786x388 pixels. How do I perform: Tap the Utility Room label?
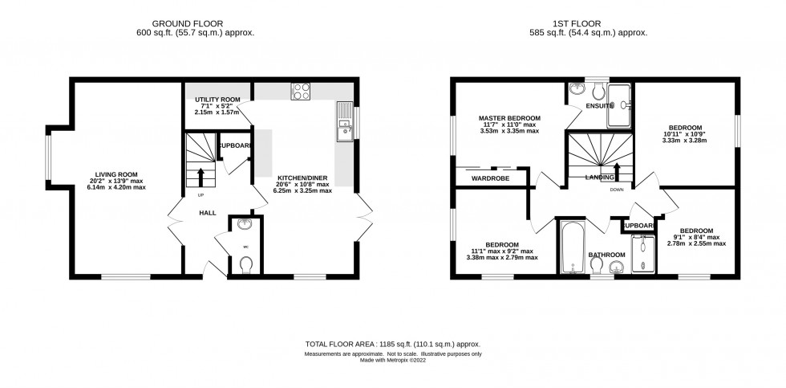217,99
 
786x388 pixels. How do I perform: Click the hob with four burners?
301,92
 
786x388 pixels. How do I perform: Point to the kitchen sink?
345,121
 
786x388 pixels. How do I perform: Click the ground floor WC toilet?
245,264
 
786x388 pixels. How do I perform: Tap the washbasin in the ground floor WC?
245,223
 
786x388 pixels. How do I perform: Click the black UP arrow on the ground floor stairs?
201,178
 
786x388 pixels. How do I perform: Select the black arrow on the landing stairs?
617,172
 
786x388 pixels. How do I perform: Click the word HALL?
208,213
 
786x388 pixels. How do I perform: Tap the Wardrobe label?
490,178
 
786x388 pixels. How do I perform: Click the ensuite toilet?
597,92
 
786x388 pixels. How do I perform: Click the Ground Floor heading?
188,23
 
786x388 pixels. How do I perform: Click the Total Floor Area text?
393,345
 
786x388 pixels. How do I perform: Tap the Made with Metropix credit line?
393,360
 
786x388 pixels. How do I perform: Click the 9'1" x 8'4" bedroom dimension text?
696,238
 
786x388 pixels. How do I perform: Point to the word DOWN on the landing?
618,190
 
